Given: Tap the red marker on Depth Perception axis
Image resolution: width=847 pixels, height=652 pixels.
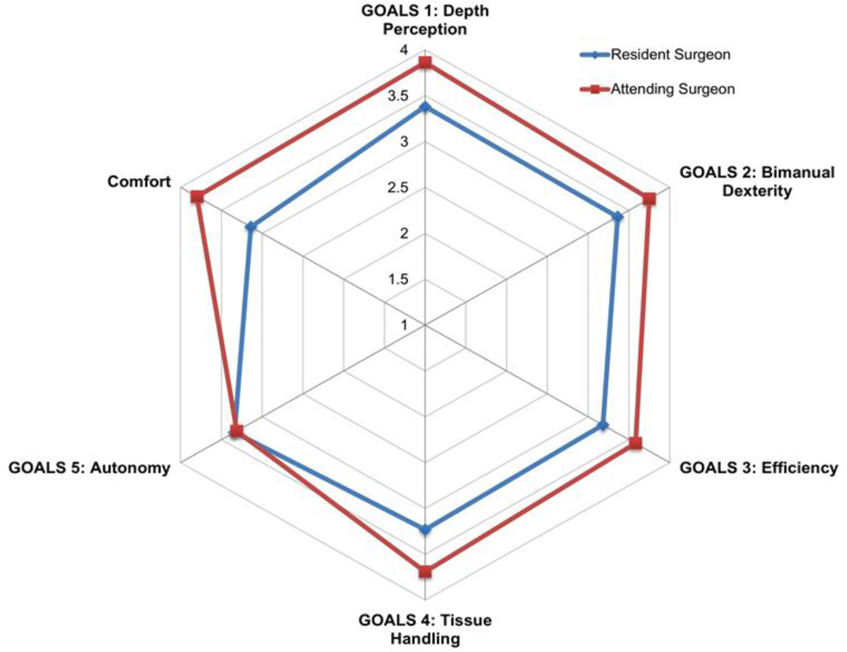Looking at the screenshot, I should (424, 65).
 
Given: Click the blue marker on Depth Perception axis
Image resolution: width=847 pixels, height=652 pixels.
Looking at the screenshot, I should (424, 108).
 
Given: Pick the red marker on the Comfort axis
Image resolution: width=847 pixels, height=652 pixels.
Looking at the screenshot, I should (197, 197).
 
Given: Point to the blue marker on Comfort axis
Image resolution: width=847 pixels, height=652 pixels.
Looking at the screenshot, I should (250, 227).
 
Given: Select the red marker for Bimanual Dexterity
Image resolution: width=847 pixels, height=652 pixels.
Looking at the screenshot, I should (649, 199).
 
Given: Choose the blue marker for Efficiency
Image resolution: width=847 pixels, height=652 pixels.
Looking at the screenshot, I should (603, 425).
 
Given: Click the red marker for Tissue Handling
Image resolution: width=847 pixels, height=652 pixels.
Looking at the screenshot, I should (424, 570).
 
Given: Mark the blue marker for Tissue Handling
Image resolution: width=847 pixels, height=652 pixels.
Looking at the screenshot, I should (424, 529).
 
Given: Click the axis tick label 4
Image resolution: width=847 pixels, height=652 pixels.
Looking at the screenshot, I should (404, 51).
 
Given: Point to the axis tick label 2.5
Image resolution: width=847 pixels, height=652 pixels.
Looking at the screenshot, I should (399, 188).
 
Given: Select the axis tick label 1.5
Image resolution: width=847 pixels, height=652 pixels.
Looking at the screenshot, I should (399, 280).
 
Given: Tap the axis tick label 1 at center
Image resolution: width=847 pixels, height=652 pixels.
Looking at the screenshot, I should (403, 325).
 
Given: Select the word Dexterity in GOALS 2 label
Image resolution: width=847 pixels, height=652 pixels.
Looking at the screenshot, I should (757, 191).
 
